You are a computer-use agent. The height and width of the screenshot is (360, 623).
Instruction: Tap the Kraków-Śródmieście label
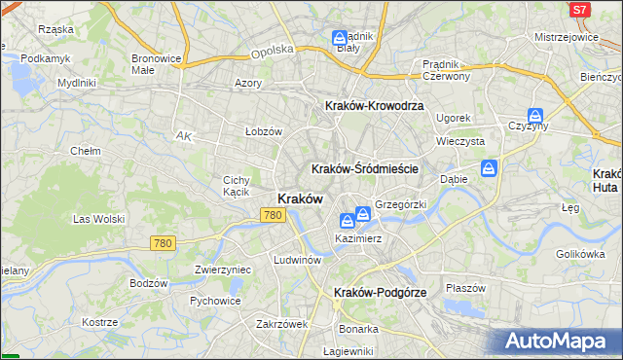tap(364, 168)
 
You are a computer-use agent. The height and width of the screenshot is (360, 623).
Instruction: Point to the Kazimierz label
tap(357, 238)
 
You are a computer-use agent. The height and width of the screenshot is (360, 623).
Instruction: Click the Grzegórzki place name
tap(400, 205)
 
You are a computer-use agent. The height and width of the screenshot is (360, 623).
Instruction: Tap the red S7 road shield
tap(579, 9)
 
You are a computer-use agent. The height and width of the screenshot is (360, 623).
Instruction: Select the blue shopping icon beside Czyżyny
tap(534, 115)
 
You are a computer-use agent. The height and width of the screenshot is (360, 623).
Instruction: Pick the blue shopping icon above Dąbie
tap(490, 167)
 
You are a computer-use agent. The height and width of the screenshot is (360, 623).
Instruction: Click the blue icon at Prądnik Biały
tap(339, 39)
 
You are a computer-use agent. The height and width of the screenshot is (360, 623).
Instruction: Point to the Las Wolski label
tap(95, 219)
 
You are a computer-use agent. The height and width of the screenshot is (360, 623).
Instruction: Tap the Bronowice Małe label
tap(156, 64)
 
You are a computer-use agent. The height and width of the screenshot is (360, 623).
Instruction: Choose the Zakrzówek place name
tap(281, 324)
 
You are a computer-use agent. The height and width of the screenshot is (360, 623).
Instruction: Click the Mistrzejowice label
tap(566, 36)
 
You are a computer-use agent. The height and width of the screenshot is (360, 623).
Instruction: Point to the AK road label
tap(183, 136)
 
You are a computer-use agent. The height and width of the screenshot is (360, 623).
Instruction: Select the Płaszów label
tap(464, 288)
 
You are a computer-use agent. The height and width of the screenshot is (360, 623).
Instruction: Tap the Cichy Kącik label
tap(237, 186)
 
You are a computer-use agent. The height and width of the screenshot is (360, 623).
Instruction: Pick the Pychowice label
tap(215, 301)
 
